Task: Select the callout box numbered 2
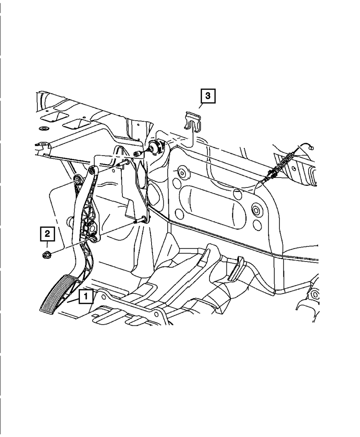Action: [x=47, y=234]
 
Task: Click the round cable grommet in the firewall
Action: [x=156, y=147]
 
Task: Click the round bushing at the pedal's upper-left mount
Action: [x=77, y=179]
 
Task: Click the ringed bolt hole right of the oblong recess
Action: [x=257, y=210]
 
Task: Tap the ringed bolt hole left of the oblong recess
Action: [x=182, y=173]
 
